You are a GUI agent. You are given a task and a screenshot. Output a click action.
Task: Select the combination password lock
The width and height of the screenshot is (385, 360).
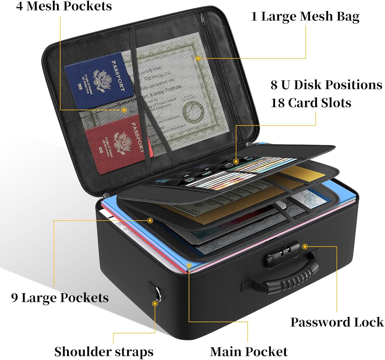tap(282, 253)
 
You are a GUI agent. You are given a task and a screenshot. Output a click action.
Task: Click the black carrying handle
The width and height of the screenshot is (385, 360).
tap(290, 279)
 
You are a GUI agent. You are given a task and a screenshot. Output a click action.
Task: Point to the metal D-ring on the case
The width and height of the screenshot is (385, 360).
tap(157, 292)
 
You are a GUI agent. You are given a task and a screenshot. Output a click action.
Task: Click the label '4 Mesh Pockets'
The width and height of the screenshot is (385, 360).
tap(64, 6)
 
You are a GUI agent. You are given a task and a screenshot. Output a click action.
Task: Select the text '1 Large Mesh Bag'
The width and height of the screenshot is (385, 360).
tap(305, 16)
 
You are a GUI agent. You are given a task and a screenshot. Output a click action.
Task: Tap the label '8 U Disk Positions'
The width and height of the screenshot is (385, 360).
tap(326, 85)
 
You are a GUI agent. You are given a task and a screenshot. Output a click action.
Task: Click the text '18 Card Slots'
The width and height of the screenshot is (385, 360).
tap(311, 103)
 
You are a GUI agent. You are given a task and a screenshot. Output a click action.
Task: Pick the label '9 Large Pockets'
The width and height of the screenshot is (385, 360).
tap(60, 298)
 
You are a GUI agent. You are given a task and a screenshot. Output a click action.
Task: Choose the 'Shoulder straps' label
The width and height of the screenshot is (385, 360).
tap(104, 352)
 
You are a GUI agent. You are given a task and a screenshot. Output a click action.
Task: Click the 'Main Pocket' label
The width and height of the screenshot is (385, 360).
tap(248, 352)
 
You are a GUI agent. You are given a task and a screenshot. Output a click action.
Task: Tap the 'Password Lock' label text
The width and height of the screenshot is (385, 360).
tap(337, 322)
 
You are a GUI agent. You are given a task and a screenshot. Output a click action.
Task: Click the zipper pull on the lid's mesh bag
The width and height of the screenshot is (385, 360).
tap(203, 19)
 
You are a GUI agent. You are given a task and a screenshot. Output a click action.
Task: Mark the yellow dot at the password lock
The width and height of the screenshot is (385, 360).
tap(305, 247)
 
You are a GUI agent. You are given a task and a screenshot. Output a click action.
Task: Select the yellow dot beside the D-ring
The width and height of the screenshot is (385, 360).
tap(155, 304)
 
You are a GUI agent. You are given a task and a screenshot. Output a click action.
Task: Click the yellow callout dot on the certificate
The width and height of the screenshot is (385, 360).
tap(198, 58)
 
